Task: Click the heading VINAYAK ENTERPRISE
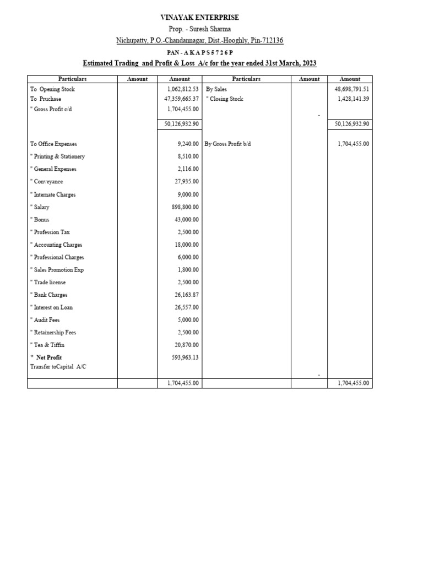(199, 18)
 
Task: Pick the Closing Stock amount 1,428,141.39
(353, 99)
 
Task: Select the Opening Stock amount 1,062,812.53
(182, 89)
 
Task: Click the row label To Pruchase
(46, 99)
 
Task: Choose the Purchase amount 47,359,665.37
(181, 99)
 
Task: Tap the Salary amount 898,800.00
(185, 207)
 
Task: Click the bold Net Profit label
(48, 357)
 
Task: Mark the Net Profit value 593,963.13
(185, 357)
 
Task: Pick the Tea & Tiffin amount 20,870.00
(187, 345)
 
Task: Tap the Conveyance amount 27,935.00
(187, 182)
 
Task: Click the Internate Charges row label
(53, 194)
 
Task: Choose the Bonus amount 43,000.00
(187, 219)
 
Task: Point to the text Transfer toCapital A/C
(58, 366)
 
